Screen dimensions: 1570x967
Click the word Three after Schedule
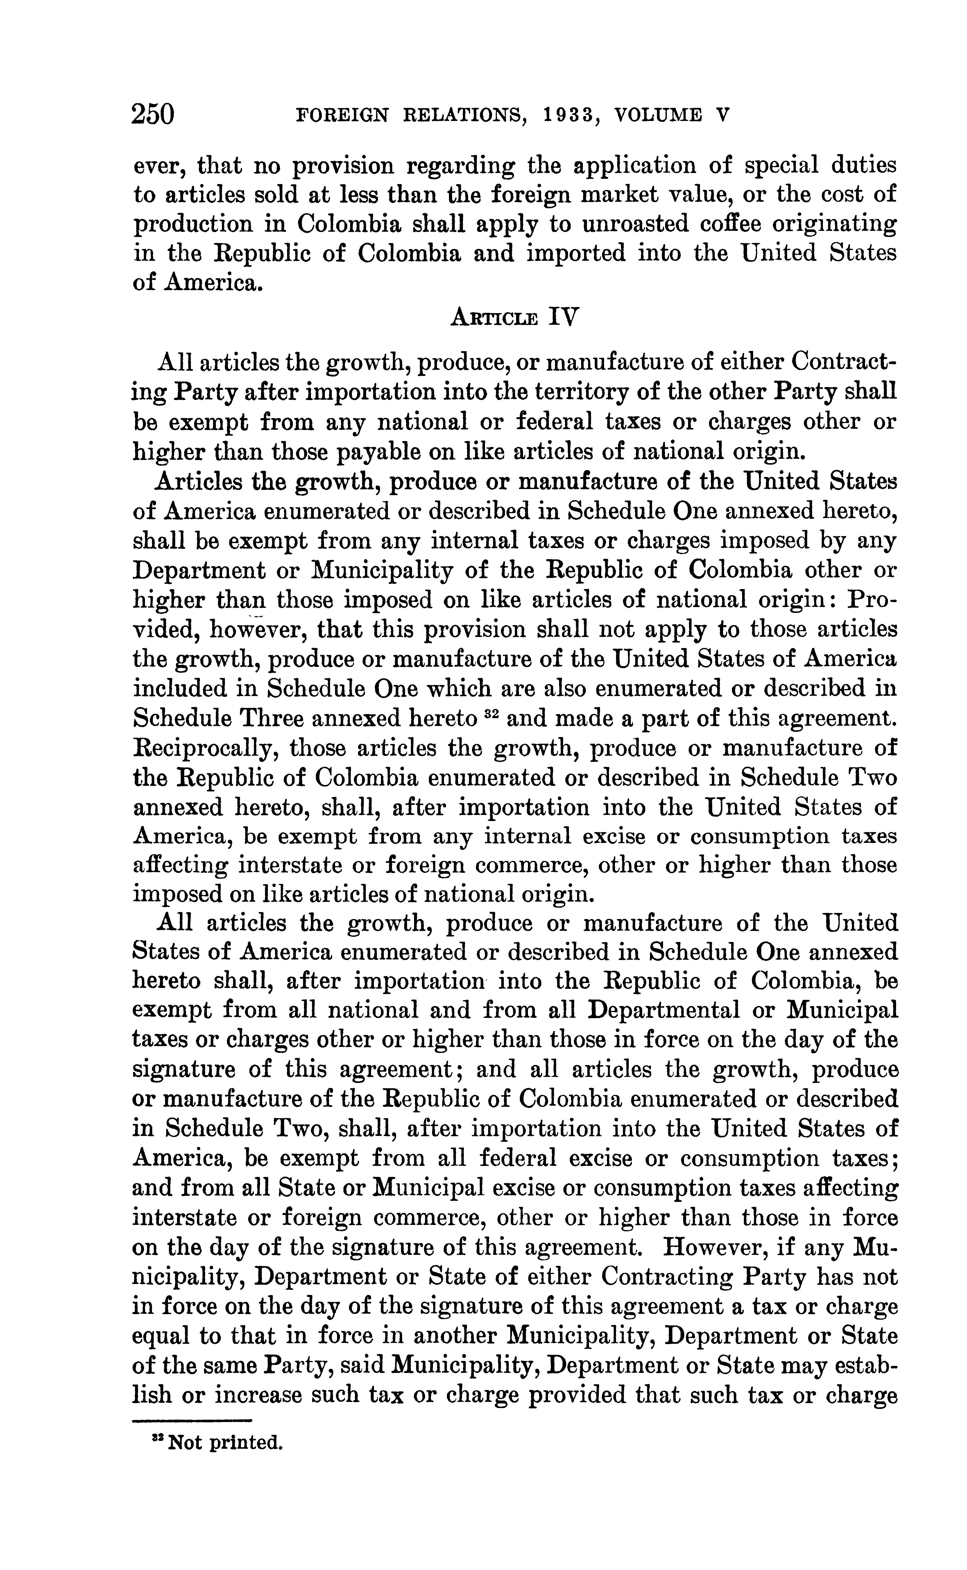[272, 718]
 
